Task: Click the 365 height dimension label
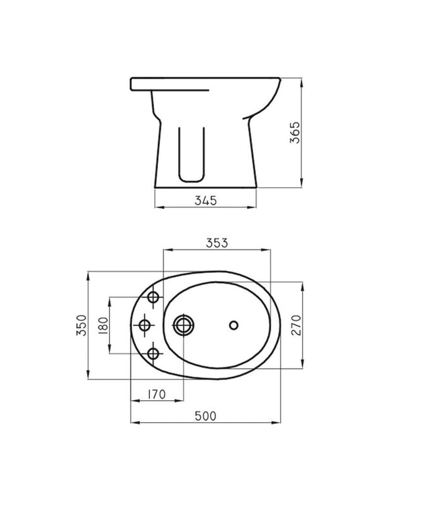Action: pos(294,134)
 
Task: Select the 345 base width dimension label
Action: pos(206,200)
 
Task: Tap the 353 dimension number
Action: pos(217,243)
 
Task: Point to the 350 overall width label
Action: pos(80,326)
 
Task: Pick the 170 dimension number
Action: pos(155,395)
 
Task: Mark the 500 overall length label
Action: pos(206,416)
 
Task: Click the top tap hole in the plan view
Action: pos(153,297)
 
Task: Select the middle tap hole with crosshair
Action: pos(144,326)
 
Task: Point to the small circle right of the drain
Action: pos(233,325)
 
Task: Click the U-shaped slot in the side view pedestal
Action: pos(192,154)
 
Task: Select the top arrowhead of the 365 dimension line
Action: pos(302,81)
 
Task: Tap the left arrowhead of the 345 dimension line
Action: pos(157,207)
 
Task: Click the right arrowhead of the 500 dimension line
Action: pos(278,423)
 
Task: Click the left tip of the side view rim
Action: pos(131,84)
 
